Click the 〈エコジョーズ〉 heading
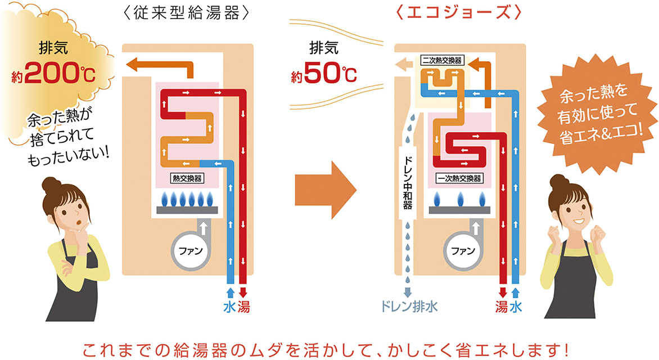(x=459, y=13)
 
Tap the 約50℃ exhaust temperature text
(x=324, y=75)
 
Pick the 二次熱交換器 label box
(x=443, y=60)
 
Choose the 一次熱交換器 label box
(x=459, y=178)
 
